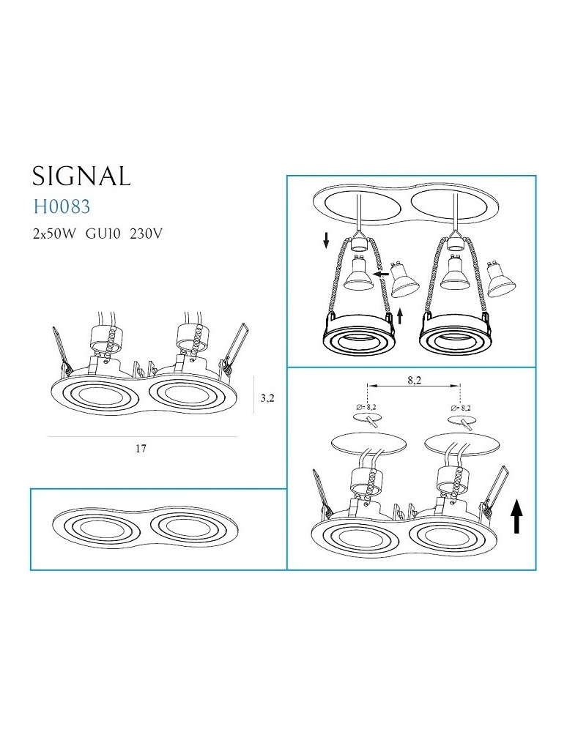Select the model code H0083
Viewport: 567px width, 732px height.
click(x=62, y=207)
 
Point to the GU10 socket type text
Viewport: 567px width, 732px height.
click(x=104, y=234)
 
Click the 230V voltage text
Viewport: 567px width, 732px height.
click(x=145, y=234)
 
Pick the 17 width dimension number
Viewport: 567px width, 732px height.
click(x=141, y=449)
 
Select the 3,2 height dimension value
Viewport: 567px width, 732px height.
click(x=267, y=398)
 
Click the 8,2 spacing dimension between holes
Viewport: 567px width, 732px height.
click(x=416, y=381)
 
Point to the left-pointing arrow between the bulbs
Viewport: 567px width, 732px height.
click(x=381, y=273)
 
